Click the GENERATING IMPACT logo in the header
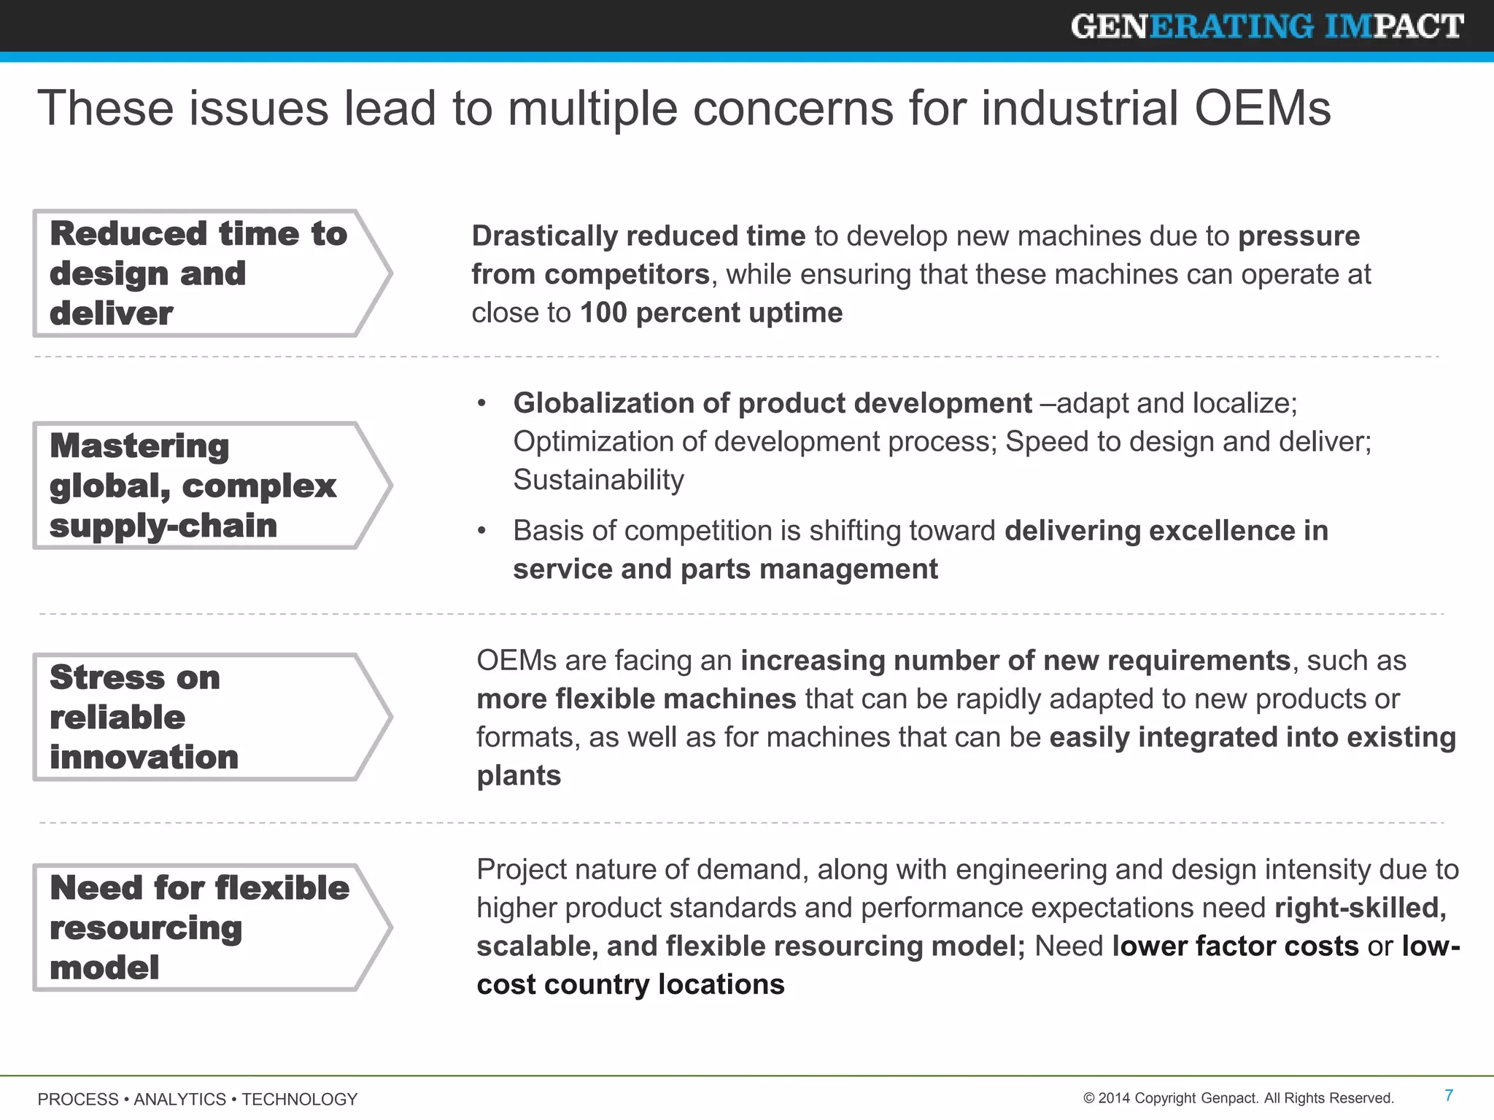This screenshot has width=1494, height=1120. tap(1266, 27)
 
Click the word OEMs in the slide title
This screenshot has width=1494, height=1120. tap(1262, 108)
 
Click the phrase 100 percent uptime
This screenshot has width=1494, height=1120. tap(711, 313)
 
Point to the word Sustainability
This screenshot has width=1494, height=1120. tap(598, 480)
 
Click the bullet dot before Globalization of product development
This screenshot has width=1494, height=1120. tap(481, 404)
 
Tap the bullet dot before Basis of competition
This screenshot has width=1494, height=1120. tap(481, 532)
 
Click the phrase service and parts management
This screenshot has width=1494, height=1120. tap(725, 569)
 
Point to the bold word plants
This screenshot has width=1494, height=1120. tap(519, 776)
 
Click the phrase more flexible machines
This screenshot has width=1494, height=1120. tap(636, 699)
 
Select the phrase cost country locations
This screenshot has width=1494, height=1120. tap(630, 985)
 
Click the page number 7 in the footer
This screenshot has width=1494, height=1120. tap(1449, 1095)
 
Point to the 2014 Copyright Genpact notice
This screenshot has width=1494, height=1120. tap(1239, 1098)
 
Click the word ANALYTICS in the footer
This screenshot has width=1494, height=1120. tap(179, 1099)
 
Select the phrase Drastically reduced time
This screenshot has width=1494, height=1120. tap(638, 236)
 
